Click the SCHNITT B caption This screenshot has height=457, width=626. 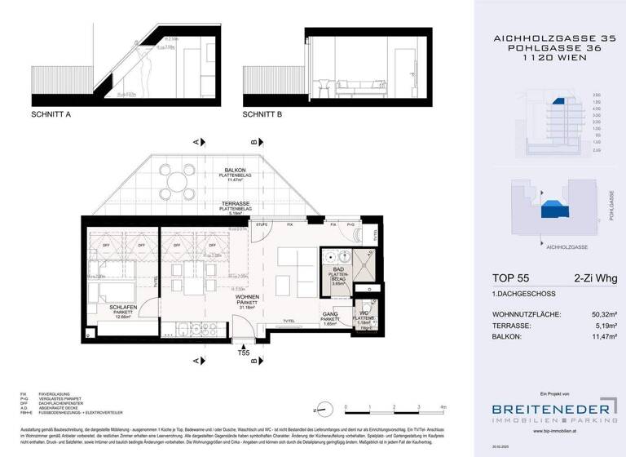[x=262, y=115]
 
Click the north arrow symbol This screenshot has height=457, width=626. [x=324, y=406]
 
